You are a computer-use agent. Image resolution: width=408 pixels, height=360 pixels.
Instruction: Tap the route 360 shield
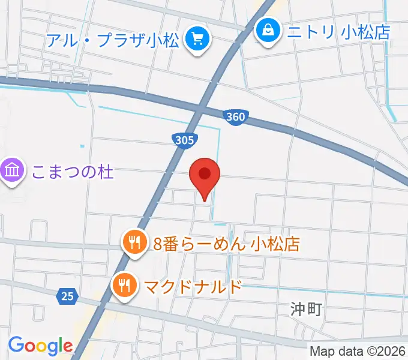pyautogui.click(x=236, y=116)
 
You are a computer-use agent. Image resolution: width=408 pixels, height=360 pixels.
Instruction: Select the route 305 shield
pyautogui.click(x=185, y=140)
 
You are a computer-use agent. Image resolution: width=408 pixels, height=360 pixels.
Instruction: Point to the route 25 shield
pyautogui.click(x=68, y=295)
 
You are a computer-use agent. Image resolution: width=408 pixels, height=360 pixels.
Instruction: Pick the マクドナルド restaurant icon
pyautogui.click(x=125, y=285)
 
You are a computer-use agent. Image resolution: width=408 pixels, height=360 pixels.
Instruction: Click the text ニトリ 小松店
pyautogui.click(x=340, y=31)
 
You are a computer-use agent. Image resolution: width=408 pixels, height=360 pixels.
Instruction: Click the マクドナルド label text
pyautogui.click(x=191, y=286)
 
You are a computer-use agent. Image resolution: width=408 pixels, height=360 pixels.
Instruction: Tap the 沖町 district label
pyautogui.click(x=306, y=310)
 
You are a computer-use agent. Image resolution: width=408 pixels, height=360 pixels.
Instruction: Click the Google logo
pyautogui.click(x=40, y=346)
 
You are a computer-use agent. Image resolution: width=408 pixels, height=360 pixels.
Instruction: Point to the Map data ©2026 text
pyautogui.click(x=358, y=351)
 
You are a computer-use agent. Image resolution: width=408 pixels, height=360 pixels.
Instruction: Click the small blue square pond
pyautogui.click(x=82, y=146)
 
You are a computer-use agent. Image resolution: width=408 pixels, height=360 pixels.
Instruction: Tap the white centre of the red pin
pyautogui.click(x=205, y=173)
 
